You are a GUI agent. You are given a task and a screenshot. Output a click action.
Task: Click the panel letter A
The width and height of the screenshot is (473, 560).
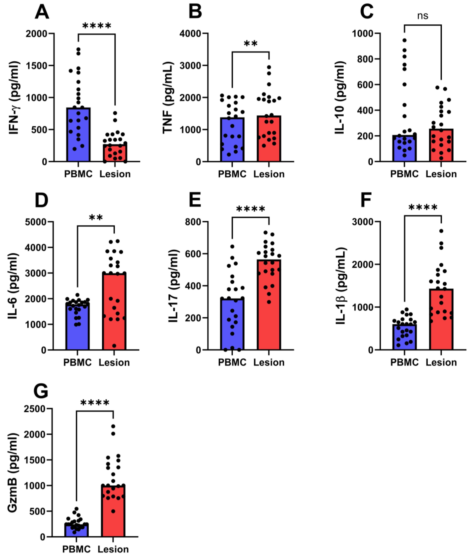click(x=42, y=12)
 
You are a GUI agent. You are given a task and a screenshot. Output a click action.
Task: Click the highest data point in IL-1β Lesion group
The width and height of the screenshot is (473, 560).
click(x=441, y=231)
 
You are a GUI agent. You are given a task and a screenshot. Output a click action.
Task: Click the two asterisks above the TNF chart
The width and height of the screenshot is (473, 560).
click(x=251, y=44)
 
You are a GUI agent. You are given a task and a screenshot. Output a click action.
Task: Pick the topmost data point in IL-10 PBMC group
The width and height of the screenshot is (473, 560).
click(x=404, y=40)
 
